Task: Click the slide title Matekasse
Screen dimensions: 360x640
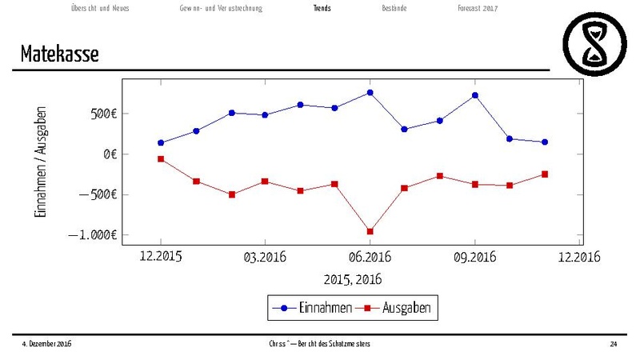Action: click(60, 54)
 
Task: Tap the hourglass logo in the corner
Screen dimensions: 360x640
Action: click(596, 42)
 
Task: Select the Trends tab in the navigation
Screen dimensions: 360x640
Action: click(322, 8)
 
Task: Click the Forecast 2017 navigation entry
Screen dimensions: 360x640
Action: click(478, 8)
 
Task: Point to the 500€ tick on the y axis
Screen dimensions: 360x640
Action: click(104, 114)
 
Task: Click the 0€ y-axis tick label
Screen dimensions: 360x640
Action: click(110, 154)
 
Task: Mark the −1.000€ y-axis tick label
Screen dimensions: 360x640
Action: click(94, 235)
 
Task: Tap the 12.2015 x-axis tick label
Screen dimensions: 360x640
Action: click(160, 257)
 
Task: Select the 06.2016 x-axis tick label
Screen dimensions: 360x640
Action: click(369, 257)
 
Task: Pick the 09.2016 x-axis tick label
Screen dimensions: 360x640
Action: click(474, 257)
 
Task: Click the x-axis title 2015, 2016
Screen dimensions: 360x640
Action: click(352, 280)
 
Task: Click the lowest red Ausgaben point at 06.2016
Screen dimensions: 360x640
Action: click(370, 231)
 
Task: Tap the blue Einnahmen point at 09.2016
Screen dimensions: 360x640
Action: click(475, 95)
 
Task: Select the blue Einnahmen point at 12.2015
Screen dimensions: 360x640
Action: click(161, 143)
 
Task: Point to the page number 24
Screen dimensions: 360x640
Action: click(613, 343)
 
